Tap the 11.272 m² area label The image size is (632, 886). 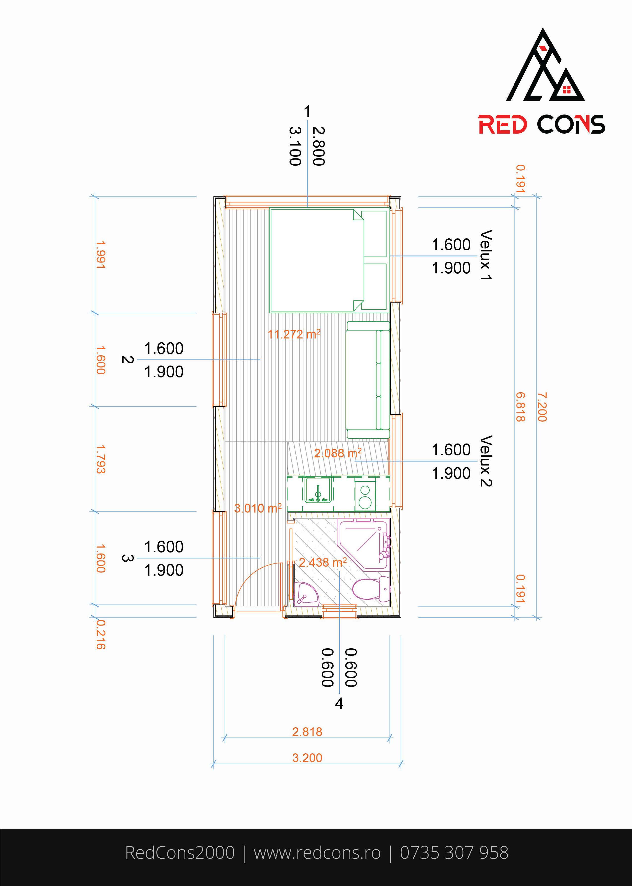[x=294, y=334]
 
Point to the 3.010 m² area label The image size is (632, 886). [x=258, y=508]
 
